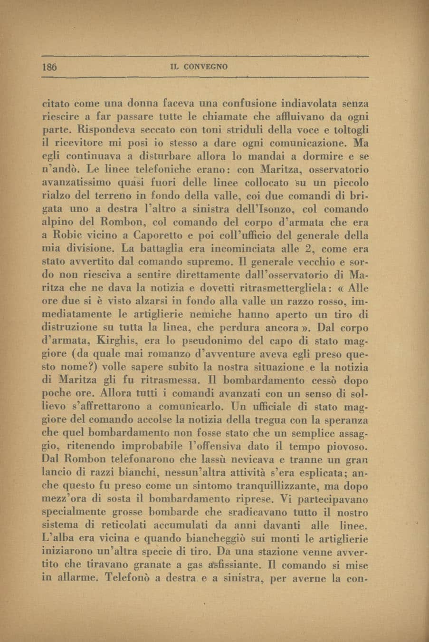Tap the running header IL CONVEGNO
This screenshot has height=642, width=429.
pyautogui.click(x=199, y=67)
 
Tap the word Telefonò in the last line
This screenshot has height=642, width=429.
pyautogui.click(x=130, y=579)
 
